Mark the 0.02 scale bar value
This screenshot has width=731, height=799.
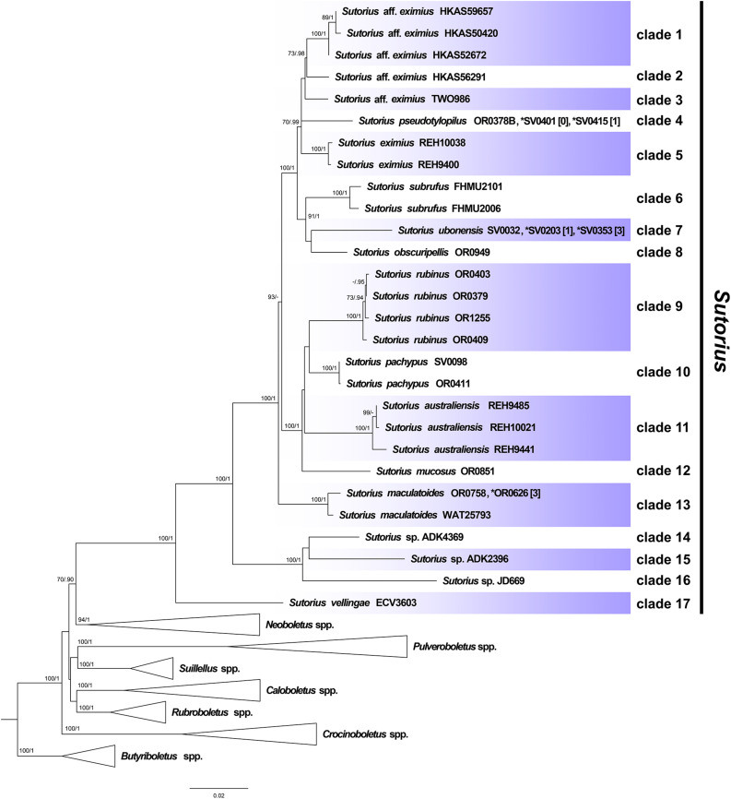tap(219, 793)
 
